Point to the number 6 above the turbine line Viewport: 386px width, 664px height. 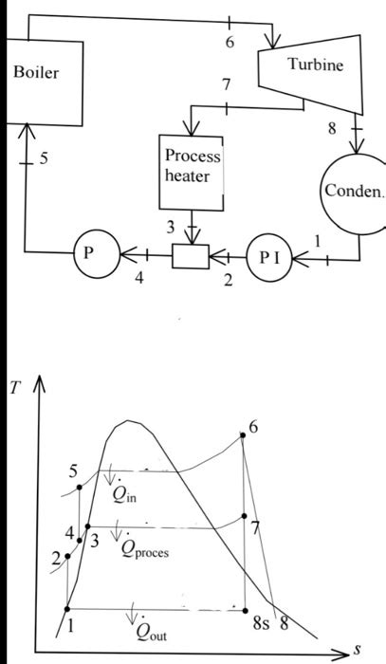pos(230,43)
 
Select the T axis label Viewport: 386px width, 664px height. pos(18,392)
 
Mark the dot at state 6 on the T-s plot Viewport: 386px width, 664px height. pos(244,435)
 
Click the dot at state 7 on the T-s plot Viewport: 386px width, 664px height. pos(245,517)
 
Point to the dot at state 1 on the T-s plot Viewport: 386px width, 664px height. pos(67,608)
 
